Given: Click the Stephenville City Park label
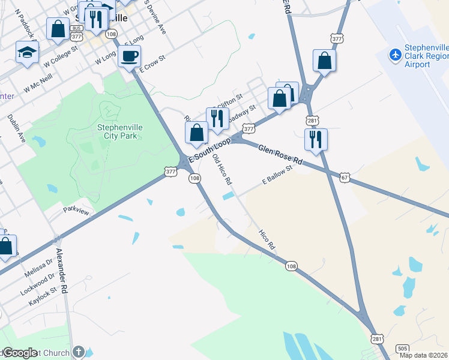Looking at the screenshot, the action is [x=118, y=131].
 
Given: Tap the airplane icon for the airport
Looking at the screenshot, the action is [x=395, y=55].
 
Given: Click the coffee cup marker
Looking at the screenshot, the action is [x=130, y=57].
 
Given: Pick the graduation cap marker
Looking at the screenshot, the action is [x=27, y=52].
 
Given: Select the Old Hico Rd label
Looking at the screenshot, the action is [x=223, y=169].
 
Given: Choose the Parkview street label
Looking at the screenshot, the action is [x=76, y=211].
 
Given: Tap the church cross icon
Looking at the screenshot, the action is [x=79, y=352].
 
